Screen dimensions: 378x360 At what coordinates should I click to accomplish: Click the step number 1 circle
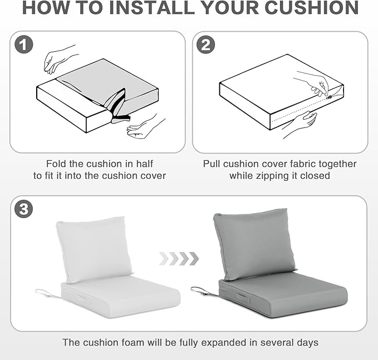tap(23, 45)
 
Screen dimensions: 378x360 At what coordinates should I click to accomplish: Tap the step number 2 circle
tap(205, 45)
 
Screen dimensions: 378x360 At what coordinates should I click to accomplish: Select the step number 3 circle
tap(23, 209)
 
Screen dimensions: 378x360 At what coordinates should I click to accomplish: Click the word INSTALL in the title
tap(152, 8)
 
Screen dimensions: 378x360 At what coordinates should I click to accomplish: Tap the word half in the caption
tap(144, 164)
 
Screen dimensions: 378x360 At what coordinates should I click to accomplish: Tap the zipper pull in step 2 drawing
tap(330, 97)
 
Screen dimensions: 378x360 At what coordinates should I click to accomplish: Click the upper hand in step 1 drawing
tap(59, 60)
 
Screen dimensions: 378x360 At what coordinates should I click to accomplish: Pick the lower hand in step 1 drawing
tap(145, 127)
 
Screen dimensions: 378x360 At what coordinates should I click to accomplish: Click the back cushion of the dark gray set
tap(254, 244)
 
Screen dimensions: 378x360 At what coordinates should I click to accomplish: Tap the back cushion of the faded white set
tap(94, 249)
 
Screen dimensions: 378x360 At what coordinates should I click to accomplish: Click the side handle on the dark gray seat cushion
tap(243, 298)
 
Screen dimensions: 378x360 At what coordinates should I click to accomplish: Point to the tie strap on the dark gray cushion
tap(204, 292)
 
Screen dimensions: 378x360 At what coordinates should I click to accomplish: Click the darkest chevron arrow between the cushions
tap(194, 259)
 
